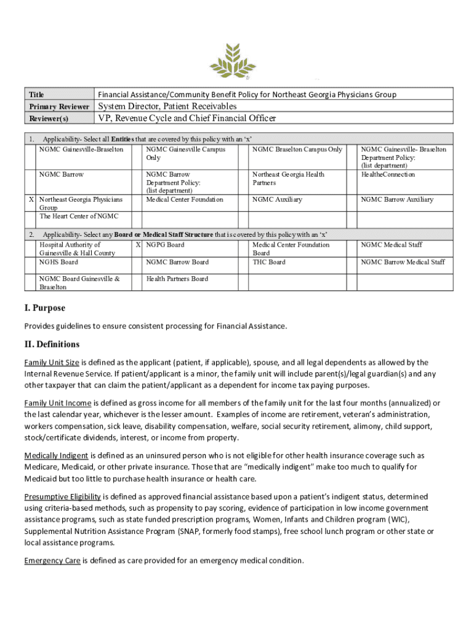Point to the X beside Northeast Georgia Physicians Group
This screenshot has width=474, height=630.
31,199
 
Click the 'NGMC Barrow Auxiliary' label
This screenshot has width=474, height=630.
397,199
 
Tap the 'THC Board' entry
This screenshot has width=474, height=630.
269,262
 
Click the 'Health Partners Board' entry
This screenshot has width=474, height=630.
177,279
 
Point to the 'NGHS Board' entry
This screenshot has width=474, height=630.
58,262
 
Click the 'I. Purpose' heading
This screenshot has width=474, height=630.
44,308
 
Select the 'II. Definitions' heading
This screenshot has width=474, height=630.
52,344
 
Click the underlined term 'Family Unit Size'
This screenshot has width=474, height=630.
52,362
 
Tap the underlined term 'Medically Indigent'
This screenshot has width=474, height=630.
57,455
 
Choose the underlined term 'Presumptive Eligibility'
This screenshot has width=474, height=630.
62,496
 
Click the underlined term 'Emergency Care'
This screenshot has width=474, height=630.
52,560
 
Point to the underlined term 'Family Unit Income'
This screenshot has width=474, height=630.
58,403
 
